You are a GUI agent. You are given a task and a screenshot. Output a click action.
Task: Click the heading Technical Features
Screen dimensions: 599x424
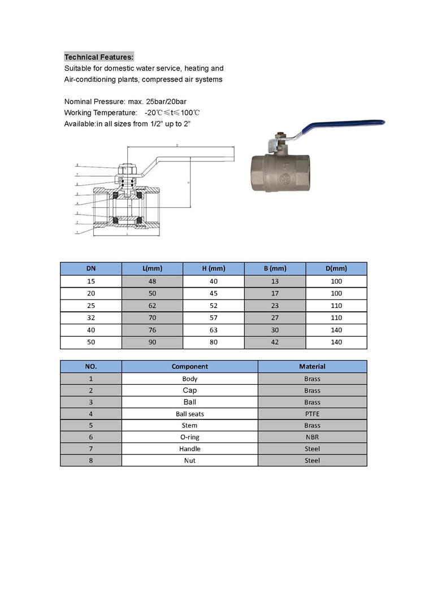click(99, 57)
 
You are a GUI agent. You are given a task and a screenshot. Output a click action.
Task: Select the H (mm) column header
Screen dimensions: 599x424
click(213, 268)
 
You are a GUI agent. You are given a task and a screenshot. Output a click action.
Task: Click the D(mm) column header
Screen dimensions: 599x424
click(336, 268)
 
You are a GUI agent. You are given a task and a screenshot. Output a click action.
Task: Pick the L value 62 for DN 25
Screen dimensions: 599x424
click(152, 305)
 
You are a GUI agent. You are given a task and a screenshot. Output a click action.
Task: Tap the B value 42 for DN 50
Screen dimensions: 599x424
click(275, 342)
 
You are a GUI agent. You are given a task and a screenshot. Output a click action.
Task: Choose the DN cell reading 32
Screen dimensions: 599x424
click(90, 318)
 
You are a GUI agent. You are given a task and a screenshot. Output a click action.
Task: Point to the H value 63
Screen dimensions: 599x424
click(213, 330)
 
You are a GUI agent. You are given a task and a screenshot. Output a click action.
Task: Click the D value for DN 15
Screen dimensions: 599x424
click(336, 281)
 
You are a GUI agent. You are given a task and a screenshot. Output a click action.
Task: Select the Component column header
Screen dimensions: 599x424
click(189, 366)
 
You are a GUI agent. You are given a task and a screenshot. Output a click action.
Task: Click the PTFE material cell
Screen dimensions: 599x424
click(312, 414)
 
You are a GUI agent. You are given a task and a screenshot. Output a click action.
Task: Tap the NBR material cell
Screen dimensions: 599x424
click(312, 437)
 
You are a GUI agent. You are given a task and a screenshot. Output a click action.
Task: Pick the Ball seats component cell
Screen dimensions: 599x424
click(189, 414)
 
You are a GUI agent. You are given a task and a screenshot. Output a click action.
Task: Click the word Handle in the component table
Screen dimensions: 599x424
click(189, 449)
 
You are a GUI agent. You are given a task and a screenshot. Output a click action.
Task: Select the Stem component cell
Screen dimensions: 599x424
click(189, 425)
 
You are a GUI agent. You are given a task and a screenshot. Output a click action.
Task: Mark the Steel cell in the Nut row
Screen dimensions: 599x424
click(312, 461)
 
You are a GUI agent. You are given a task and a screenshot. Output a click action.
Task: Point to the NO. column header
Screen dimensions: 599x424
click(90, 366)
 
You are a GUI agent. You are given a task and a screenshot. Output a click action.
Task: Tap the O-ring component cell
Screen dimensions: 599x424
click(189, 437)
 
